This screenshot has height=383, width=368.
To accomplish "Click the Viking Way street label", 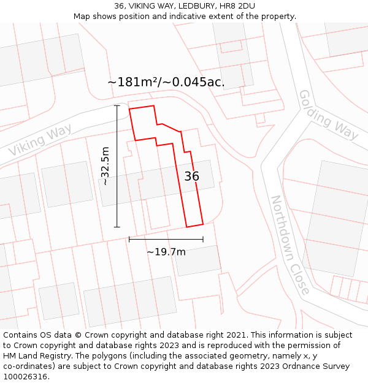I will pos(40,140).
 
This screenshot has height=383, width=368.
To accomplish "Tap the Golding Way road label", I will pos(328,115).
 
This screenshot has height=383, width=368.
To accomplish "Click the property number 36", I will pos(191,176).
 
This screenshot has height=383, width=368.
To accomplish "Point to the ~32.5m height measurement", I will pos(105,166).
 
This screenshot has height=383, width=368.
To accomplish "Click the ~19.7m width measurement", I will pos(166,251).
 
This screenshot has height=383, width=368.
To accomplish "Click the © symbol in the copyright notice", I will pos(79,335).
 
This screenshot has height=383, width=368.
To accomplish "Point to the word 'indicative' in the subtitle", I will pos(201,17).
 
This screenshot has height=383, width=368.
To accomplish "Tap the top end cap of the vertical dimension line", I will pos(117,105).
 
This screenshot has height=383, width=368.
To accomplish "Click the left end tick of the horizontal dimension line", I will pos(129,239).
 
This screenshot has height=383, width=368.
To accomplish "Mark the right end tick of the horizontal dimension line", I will pos(203,239).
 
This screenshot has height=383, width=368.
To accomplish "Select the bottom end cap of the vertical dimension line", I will pos(117,227).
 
